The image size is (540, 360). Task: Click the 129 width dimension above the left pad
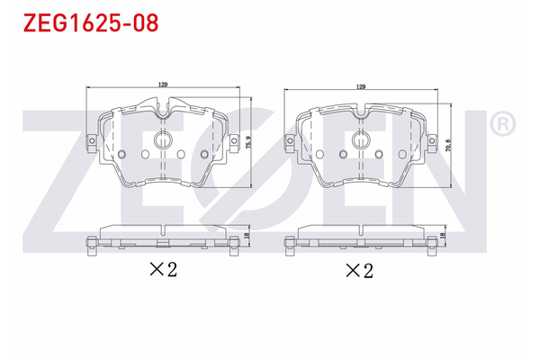(163, 85)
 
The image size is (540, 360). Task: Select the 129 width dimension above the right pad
(361, 87)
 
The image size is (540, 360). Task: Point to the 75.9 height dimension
(247, 141)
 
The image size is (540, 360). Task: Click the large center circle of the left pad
(163, 140)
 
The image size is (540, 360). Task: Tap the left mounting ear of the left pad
(91, 140)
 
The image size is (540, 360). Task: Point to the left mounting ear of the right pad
(289, 141)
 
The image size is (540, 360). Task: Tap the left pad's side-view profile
(163, 236)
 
